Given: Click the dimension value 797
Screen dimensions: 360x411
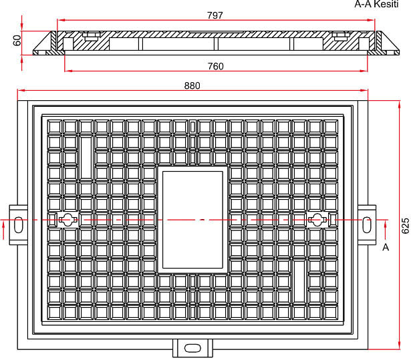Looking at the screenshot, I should (x=215, y=15).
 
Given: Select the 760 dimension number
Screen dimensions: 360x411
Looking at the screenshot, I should (x=215, y=66).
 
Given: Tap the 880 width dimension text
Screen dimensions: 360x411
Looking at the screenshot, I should (x=192, y=85).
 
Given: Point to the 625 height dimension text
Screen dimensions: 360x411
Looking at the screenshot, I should (x=404, y=225).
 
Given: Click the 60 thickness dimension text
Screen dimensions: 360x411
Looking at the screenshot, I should (x=17, y=41).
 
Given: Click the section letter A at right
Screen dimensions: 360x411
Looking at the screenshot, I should (x=385, y=248).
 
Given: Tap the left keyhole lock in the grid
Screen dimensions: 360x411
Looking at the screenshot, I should (x=67, y=219).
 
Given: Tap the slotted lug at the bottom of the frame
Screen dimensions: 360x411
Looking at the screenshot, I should (x=192, y=348).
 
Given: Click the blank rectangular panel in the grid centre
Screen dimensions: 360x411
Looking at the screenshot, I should (x=192, y=219).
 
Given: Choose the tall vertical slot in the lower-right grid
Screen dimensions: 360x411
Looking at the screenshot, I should (x=299, y=281).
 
